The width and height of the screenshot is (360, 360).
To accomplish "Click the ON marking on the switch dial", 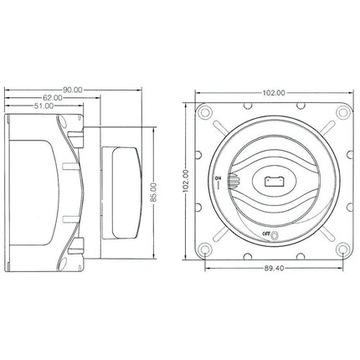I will coord(218,180).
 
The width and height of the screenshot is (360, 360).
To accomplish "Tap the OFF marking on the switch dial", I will coord(265,232).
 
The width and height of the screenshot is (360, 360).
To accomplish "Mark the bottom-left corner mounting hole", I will coord(203,248).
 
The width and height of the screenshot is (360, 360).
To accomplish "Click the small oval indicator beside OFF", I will coord(277,233).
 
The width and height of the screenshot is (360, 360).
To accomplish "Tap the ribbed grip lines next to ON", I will coord(232,180).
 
